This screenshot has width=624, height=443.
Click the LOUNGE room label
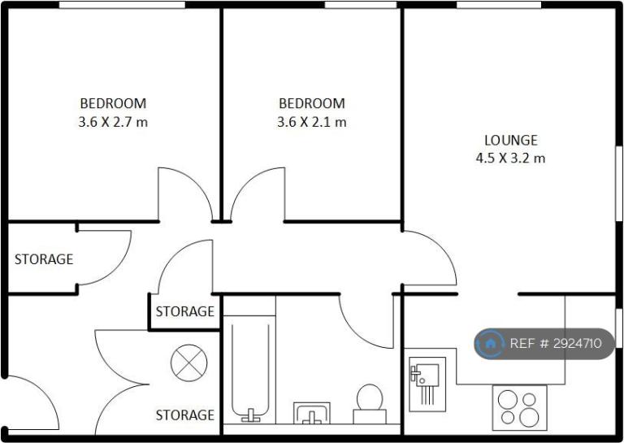(x=511, y=140)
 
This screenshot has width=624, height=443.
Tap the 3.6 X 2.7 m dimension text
(x=113, y=122)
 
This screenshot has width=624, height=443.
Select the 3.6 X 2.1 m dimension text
(x=312, y=122)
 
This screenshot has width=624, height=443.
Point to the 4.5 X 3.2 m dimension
(x=510, y=159)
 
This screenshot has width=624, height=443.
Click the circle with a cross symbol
(x=189, y=363)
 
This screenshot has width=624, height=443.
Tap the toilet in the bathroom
(x=370, y=404)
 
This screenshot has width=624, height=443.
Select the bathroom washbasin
(x=312, y=413)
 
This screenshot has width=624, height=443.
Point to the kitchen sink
(x=427, y=384)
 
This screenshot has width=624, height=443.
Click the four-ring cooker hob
(x=520, y=407)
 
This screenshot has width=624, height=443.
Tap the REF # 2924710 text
(x=556, y=343)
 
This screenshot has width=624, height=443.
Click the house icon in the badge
(x=490, y=343)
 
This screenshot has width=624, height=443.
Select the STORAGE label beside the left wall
(x=44, y=259)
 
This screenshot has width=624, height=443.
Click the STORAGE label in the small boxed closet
(x=185, y=311)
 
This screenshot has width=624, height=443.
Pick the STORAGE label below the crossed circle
(x=185, y=415)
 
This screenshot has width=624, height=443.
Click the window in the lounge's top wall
(x=499, y=5)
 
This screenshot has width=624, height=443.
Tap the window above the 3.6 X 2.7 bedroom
(x=122, y=5)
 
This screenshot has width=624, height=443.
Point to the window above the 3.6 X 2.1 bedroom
(x=361, y=5)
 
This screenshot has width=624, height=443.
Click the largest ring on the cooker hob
(x=529, y=418)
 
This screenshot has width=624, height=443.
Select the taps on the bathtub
(x=251, y=416)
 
